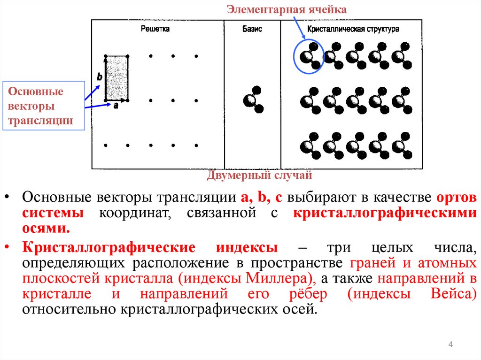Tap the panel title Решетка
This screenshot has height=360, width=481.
tap(155, 29)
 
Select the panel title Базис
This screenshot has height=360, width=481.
tap(252, 29)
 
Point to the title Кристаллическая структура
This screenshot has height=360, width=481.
tap(353, 29)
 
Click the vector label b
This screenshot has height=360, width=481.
tap(99, 77)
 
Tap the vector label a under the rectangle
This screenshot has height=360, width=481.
tap(116, 106)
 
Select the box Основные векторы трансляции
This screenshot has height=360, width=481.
tap(42, 106)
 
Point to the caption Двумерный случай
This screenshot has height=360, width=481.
tap(259, 176)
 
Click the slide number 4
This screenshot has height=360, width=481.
tap(450, 345)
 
